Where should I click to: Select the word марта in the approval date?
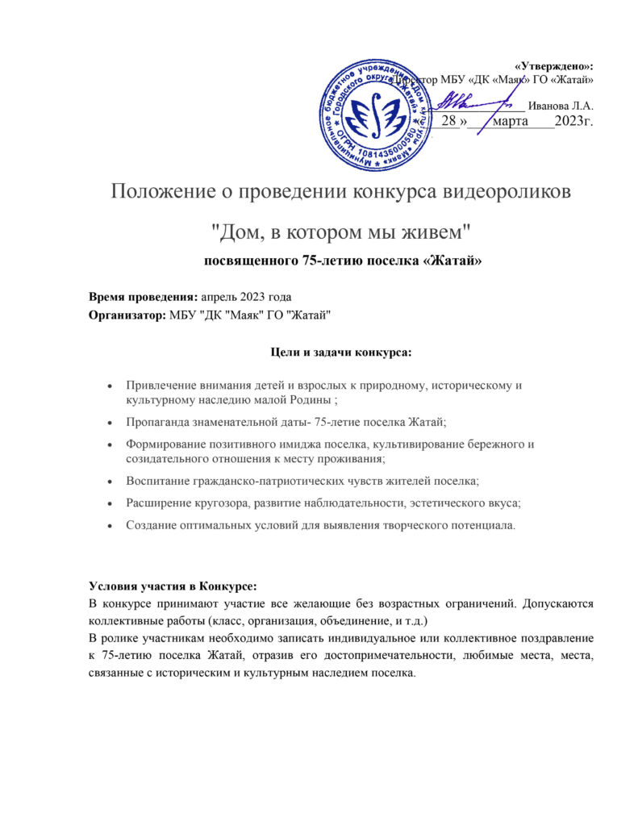click(509, 122)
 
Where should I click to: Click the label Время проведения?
click(143, 297)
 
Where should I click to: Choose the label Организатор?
click(127, 315)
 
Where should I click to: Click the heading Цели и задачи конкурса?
click(339, 352)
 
